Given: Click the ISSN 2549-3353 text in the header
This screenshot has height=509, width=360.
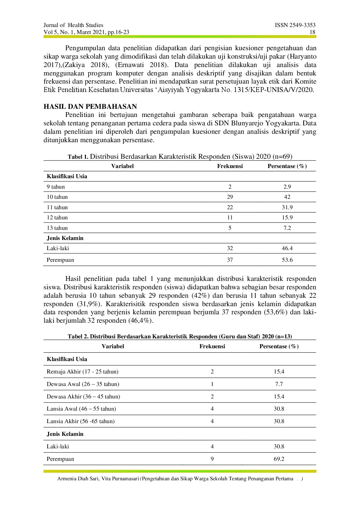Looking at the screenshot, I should (295, 25).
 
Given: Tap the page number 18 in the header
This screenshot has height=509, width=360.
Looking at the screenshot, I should (312, 32).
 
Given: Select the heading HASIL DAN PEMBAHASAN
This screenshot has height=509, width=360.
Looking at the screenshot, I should (90, 107).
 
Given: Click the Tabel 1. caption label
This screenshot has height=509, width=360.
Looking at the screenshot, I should (78, 157).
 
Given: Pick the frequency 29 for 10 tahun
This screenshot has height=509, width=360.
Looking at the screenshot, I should (230, 197).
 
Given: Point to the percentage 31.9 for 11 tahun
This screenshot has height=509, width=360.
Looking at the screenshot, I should (287, 207).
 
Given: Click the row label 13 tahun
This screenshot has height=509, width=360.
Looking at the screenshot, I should (57, 228).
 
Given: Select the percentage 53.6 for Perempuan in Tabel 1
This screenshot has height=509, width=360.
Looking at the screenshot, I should (287, 260).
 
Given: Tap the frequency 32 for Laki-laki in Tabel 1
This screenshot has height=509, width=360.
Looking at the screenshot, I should (230, 248).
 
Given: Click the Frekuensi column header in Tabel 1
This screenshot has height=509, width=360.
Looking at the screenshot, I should (230, 166).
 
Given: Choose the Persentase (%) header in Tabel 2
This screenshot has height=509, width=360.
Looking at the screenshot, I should (279, 346).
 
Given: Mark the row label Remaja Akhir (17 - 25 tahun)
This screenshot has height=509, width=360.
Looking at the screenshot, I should (82, 372).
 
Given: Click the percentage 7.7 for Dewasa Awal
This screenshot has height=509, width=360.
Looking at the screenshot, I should (279, 384).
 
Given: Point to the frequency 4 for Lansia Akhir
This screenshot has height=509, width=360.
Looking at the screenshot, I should (212, 421).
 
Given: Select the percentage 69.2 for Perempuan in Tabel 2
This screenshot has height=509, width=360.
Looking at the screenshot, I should (279, 459).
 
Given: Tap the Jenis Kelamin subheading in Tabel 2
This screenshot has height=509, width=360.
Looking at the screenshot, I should (65, 434).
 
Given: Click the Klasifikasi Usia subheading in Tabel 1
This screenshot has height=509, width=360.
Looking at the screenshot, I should (67, 176).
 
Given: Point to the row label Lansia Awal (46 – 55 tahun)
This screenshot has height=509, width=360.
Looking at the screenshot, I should (81, 409).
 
